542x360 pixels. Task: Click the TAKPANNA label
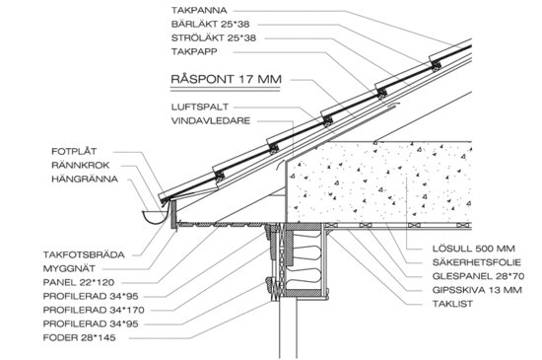tap(199, 11)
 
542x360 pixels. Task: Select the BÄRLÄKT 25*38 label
tap(210, 25)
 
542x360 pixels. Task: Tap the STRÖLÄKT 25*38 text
tap(214, 38)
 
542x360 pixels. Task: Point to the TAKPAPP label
tap(194, 51)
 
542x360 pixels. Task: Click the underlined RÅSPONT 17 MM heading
tap(226, 79)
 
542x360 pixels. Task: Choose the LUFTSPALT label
tap(200, 107)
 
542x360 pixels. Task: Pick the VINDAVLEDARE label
tap(211, 120)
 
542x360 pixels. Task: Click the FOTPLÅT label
tap(74, 151)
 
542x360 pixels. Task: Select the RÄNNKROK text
tap(80, 165)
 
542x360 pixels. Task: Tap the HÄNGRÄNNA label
tap(85, 179)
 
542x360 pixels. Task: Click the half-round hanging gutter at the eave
tap(154, 216)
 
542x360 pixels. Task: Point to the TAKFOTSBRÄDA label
tap(84, 254)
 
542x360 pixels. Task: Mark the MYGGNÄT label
tap(69, 268)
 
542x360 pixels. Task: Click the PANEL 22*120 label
tap(79, 282)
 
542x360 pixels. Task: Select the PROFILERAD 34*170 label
tap(94, 311)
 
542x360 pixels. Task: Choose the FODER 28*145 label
tap(79, 337)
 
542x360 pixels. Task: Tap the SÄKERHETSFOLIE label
tap(477, 262)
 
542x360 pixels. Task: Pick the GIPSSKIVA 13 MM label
tap(477, 290)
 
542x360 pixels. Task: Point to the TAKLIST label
tap(452, 304)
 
